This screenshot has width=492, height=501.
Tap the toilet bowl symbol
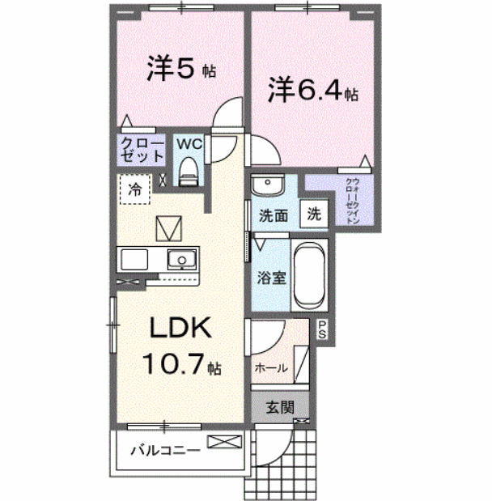click(189, 169)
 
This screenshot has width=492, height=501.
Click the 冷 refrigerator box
click(136, 190)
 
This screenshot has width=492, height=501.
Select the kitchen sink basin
click(181, 260)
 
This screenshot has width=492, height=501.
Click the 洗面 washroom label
click(274, 216)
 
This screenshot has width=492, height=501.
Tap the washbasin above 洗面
click(265, 187)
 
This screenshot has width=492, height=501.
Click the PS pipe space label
click(322, 329)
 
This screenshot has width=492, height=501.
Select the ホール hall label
click(271, 367)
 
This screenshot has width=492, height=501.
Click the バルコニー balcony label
click(165, 450)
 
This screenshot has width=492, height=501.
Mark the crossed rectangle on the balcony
click(225, 442)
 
